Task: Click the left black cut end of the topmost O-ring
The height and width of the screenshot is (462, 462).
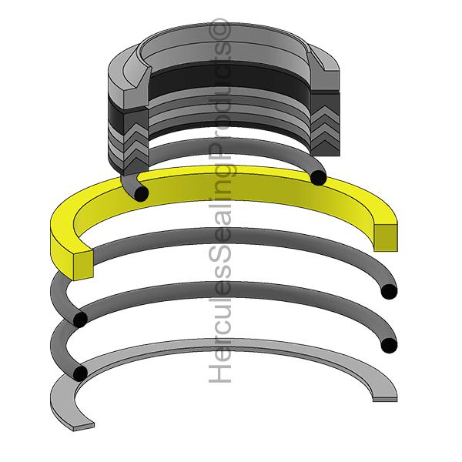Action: click(140, 192)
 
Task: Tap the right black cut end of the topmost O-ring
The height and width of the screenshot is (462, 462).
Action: click(318, 178)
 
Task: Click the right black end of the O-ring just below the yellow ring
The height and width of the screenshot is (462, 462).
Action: click(389, 291)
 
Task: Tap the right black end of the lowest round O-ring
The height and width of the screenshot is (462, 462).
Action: click(389, 344)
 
